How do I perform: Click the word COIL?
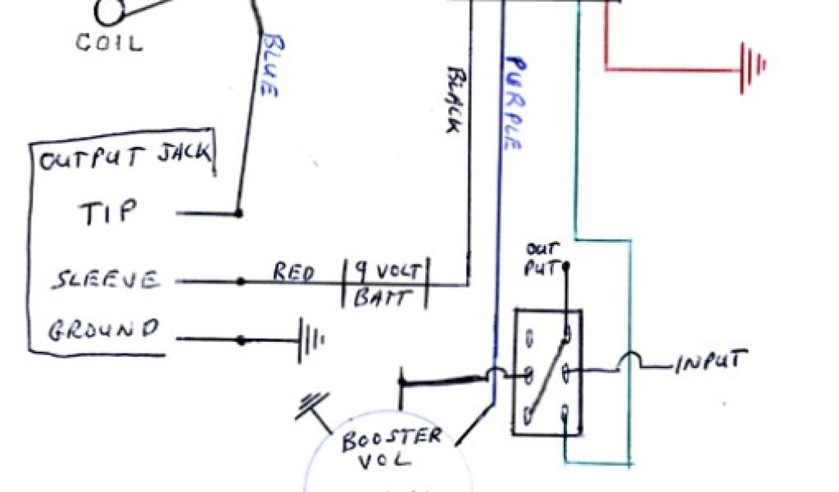(109, 42)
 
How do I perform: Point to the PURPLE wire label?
(513, 102)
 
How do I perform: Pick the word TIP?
(107, 213)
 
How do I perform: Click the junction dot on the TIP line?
(239, 213)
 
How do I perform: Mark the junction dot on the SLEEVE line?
(240, 281)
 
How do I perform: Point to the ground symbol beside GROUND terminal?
(310, 339)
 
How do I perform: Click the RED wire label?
(294, 271)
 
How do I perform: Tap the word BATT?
(381, 297)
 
